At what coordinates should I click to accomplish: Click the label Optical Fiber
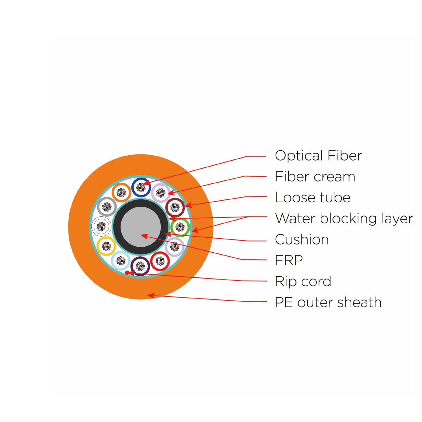click(x=318, y=156)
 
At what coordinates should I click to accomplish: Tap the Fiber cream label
click(x=315, y=177)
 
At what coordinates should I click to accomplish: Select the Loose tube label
click(x=313, y=197)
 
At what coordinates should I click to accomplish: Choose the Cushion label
click(x=302, y=240)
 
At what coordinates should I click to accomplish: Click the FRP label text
click(x=289, y=261)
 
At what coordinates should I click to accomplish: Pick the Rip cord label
click(x=303, y=281)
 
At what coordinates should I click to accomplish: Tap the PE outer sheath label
click(x=328, y=302)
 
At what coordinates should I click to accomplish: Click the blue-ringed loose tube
click(x=141, y=187)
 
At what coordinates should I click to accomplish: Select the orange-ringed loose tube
click(x=121, y=193)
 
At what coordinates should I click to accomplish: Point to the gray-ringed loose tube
click(x=107, y=207)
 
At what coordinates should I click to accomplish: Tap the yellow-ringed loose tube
click(x=106, y=246)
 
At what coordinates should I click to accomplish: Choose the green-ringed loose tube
click(x=180, y=227)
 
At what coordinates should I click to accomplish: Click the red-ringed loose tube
click(x=160, y=261)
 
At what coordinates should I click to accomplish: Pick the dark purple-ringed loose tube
click(x=140, y=266)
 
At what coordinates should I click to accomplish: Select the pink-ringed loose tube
click(x=161, y=193)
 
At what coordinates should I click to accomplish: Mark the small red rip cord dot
click(x=127, y=273)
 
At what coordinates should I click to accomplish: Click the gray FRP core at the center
click(x=140, y=227)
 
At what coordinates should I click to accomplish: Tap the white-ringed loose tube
click(x=101, y=226)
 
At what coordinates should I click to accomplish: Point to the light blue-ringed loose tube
click(x=121, y=261)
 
